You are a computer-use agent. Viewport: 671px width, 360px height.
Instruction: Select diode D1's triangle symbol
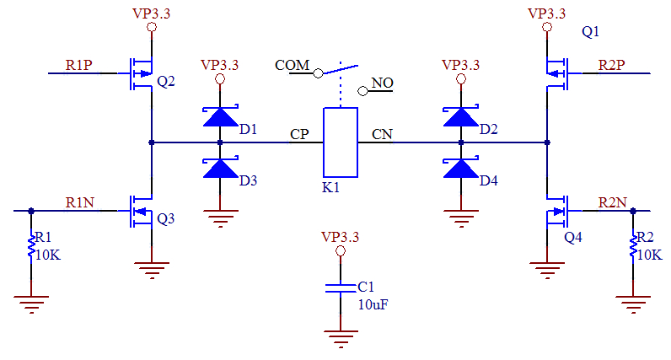(x=221, y=116)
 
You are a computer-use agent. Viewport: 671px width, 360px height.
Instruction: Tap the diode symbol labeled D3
(x=221, y=169)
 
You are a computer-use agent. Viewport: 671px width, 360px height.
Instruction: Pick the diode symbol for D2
(x=461, y=116)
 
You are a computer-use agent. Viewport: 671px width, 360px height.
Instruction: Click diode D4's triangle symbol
(x=461, y=169)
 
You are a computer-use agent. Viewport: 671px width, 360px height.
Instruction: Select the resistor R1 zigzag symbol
(x=31, y=245)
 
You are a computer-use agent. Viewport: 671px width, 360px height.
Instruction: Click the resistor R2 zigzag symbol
(x=632, y=245)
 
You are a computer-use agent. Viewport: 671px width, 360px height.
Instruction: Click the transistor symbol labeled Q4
(x=556, y=211)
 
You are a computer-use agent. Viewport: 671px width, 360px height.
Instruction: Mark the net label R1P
(x=79, y=64)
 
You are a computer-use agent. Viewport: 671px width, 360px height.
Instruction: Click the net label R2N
(x=612, y=202)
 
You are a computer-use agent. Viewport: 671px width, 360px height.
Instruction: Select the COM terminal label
(x=293, y=66)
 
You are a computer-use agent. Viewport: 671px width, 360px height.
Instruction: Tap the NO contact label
(x=383, y=83)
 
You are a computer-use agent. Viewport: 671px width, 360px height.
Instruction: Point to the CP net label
(x=299, y=134)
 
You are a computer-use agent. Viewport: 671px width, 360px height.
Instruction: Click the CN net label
(x=382, y=134)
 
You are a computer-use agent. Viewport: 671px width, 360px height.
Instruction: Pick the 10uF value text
(x=373, y=304)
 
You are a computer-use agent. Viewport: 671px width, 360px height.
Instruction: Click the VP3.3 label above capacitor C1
(x=341, y=237)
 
